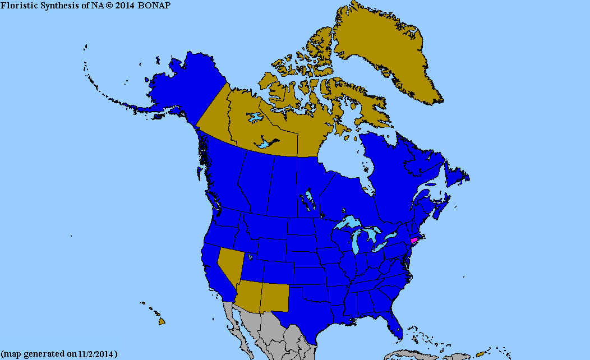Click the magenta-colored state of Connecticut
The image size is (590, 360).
(414, 240)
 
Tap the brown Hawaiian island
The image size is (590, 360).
(162, 321)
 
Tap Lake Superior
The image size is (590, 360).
(348, 224)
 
